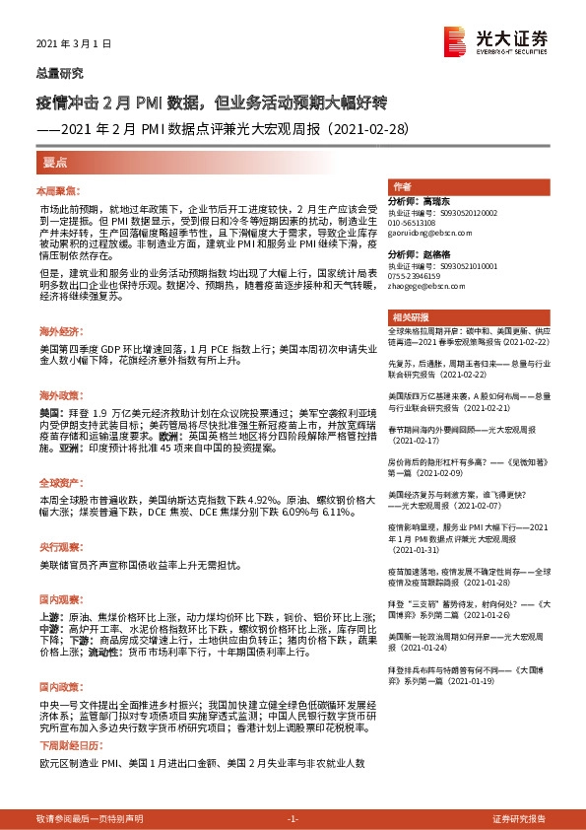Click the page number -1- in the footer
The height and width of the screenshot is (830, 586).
293,819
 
